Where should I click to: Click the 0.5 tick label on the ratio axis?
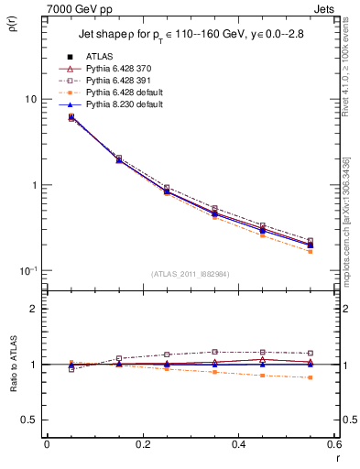[x=33, y=420]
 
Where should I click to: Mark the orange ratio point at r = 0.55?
[x=310, y=377]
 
